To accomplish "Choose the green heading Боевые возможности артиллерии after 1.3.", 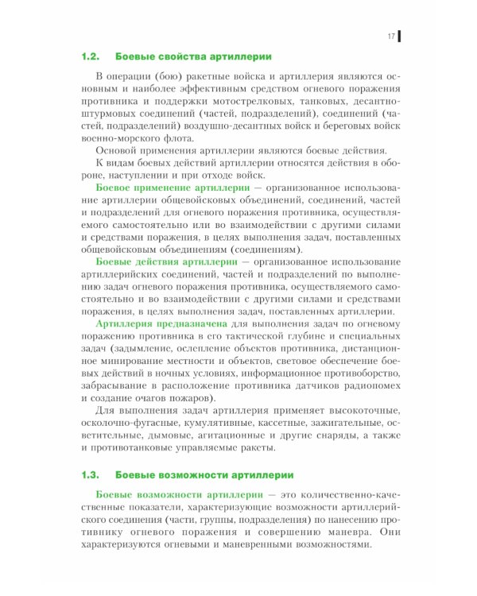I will (204, 474).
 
